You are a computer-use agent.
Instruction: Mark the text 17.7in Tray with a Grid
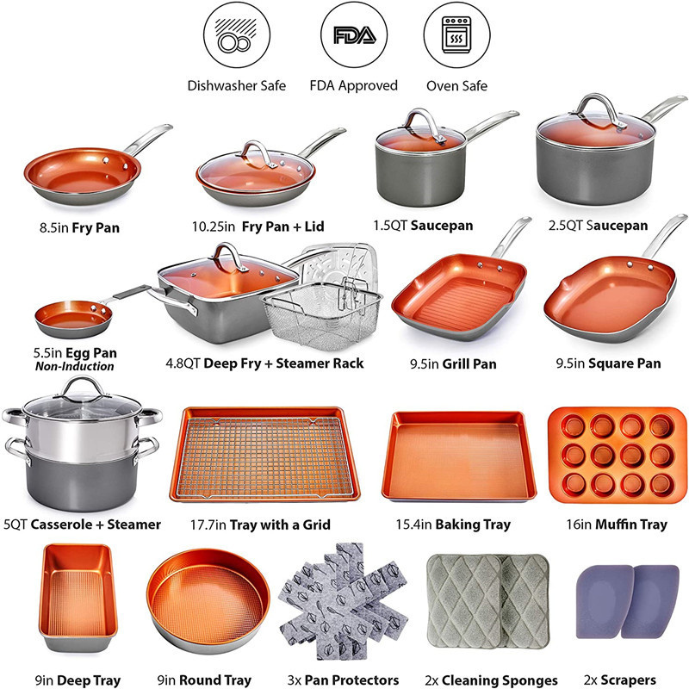[260, 524]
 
